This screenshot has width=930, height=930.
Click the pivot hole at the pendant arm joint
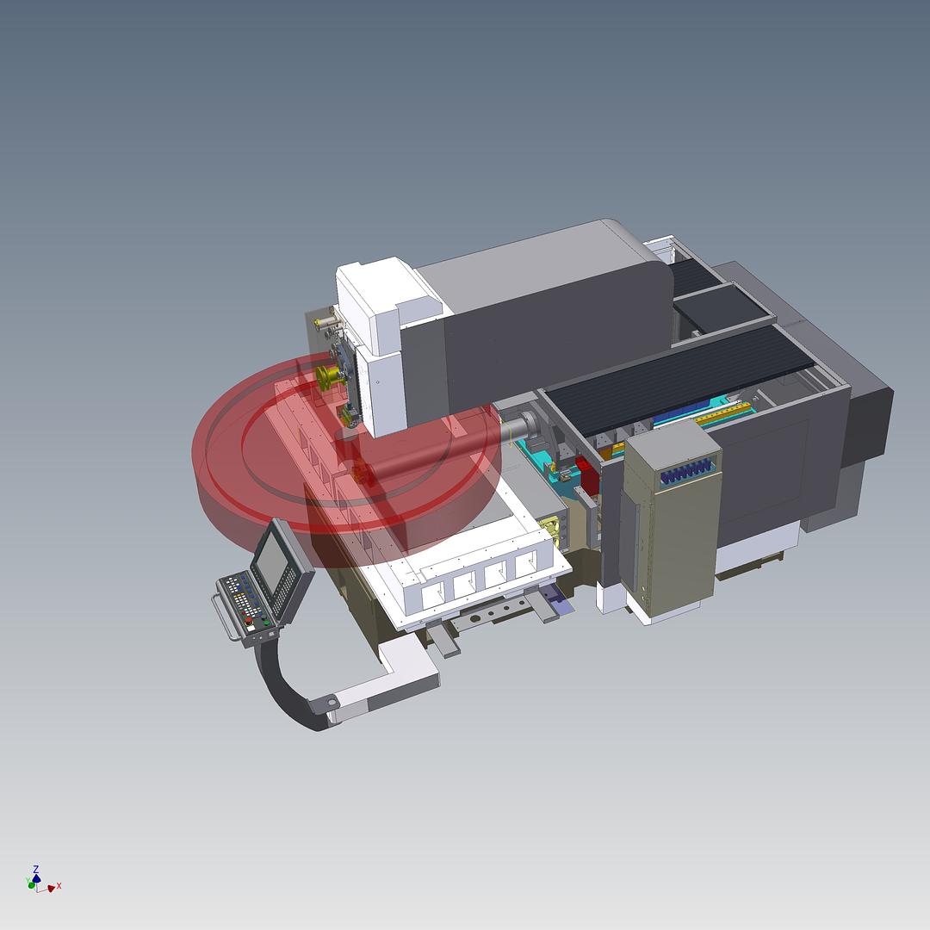[x=331, y=704]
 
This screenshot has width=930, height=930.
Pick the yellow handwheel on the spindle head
[x=327, y=376]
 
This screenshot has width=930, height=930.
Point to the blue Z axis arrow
[x=36, y=871]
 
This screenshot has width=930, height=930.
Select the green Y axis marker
[x=32, y=883]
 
